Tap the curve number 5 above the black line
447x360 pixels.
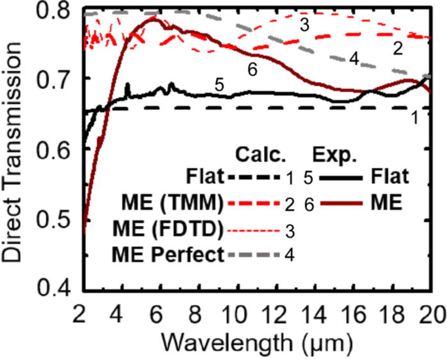coord(219,85)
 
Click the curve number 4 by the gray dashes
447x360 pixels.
coord(354,59)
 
